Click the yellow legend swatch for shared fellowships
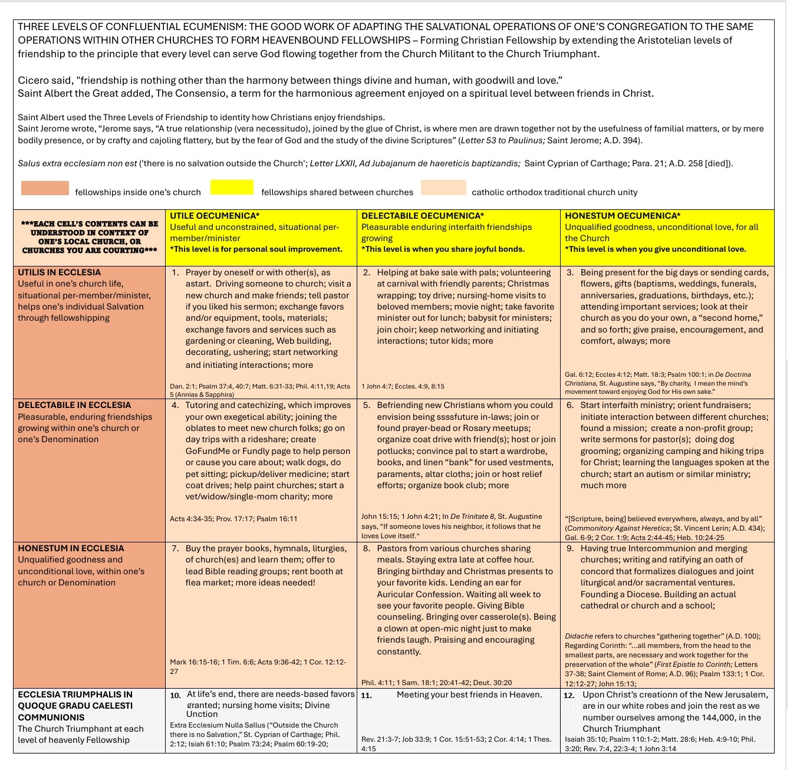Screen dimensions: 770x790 tap(232, 187)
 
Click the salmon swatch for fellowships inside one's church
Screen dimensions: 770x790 tap(45, 188)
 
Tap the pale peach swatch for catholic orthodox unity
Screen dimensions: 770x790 tap(443, 187)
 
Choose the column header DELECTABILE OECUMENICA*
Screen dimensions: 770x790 tap(423, 216)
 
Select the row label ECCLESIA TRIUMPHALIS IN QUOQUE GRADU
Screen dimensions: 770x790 tap(75, 706)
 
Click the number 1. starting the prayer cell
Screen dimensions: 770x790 tap(175, 273)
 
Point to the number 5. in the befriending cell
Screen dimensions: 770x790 tap(367, 406)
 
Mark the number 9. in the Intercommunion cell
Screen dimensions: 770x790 tap(570, 549)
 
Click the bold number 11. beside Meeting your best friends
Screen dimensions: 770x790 tap(366, 696)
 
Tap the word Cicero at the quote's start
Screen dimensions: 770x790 tap(32, 80)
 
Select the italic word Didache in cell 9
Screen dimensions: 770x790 tap(578, 636)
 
